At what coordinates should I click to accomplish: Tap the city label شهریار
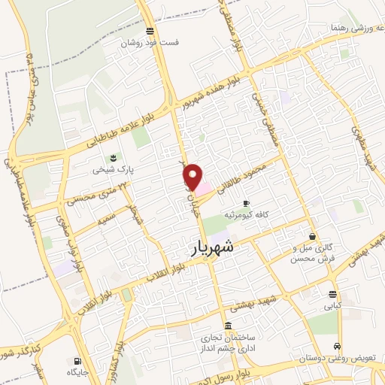(x=208, y=247)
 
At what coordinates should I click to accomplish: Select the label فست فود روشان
(x=153, y=44)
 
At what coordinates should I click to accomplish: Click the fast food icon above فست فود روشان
(x=150, y=31)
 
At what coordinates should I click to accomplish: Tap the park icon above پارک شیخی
(x=113, y=158)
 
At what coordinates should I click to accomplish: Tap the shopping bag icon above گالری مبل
(x=312, y=236)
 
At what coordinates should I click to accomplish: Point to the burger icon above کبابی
(x=332, y=294)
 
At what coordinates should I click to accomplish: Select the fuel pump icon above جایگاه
(x=77, y=360)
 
